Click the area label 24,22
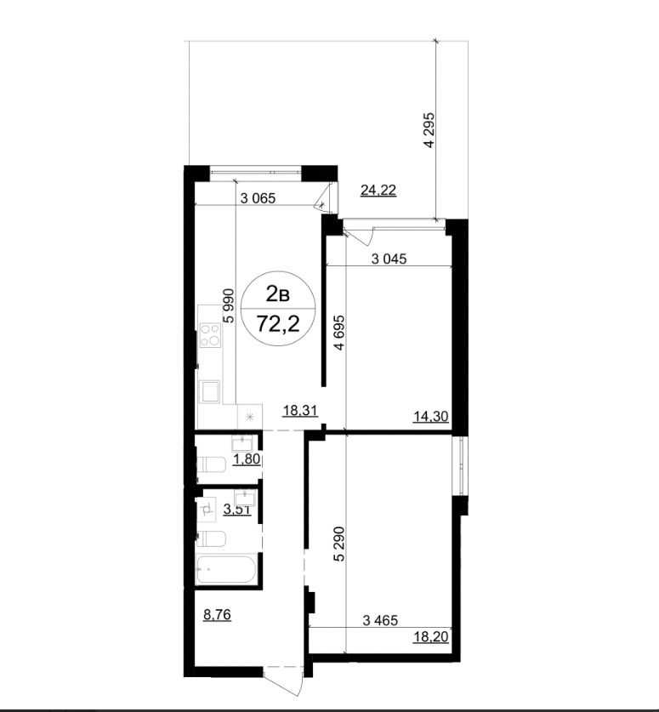tap(378, 191)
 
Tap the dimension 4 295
tap(429, 130)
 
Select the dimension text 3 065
tap(258, 198)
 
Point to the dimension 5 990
tap(229, 305)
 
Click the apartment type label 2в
tap(277, 294)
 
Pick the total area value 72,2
tap(278, 324)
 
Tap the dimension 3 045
tap(389, 259)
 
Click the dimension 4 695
tap(339, 333)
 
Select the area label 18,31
tap(300, 411)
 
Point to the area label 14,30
tap(431, 416)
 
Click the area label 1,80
tap(247, 459)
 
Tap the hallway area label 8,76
tap(217, 615)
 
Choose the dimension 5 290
tap(339, 544)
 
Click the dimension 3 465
tap(380, 620)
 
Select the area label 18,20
tap(431, 637)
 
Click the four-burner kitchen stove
tap(210, 335)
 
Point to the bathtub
tap(226, 569)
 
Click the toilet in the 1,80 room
tap(211, 464)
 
